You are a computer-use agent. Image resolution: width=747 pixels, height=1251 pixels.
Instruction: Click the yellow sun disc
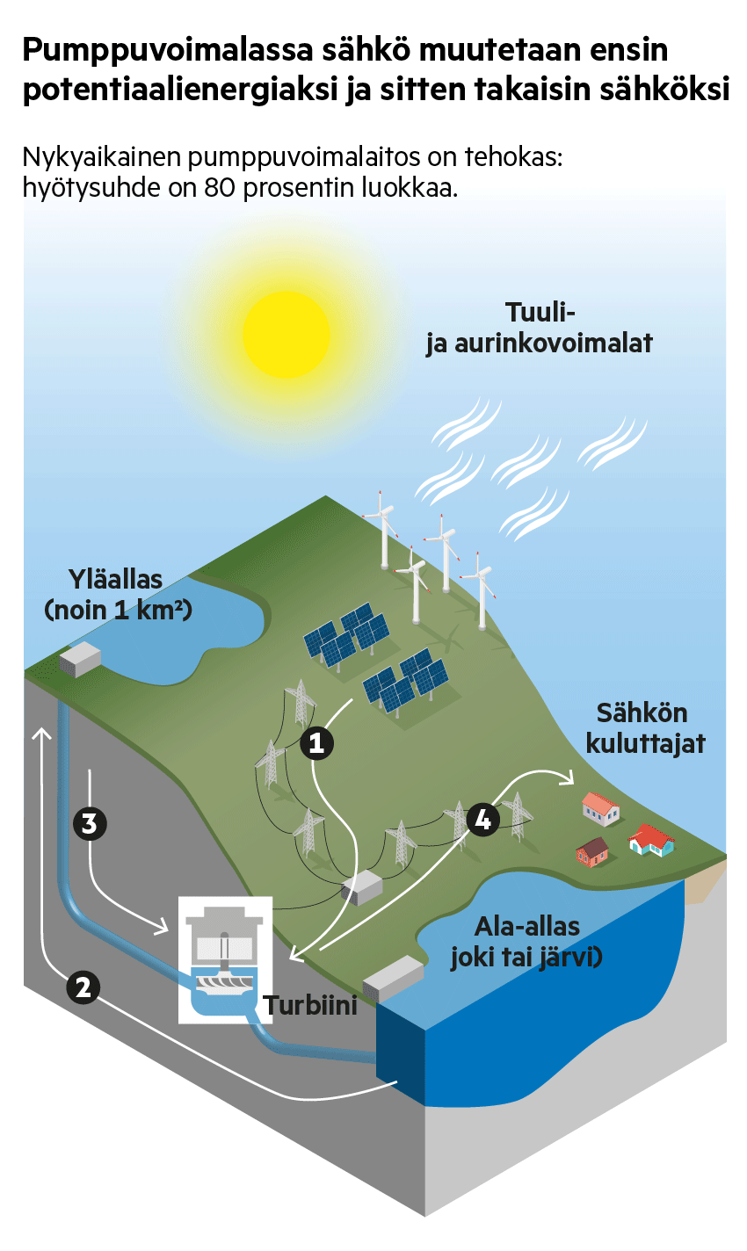coord(286,335)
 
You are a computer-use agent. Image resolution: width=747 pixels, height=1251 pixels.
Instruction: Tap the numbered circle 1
coord(316,743)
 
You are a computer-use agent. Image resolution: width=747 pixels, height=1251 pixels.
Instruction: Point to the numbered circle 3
coord(90,824)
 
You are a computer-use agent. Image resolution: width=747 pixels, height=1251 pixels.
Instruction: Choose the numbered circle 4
coord(483,820)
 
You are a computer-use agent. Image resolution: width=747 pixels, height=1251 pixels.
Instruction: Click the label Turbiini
coord(311,1006)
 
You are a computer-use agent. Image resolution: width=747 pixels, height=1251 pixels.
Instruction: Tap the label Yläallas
coord(116,580)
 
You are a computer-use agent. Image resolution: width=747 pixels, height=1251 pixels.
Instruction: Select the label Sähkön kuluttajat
coord(645,728)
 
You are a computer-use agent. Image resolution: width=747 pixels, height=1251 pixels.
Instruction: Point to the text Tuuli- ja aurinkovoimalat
coord(540,328)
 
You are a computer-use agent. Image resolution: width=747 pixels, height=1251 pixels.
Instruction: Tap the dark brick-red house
coord(592,852)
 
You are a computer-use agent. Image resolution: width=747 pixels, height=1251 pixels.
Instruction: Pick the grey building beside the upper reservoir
coord(80,659)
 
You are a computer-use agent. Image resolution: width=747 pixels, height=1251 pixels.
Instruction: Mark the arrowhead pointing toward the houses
coord(569,777)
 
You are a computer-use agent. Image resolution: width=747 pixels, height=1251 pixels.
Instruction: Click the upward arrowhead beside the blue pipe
coord(41,734)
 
